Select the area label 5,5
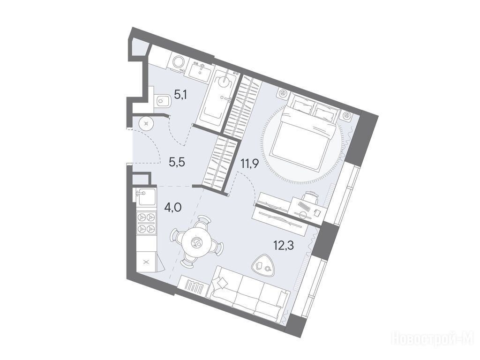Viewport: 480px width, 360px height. coord(177,162)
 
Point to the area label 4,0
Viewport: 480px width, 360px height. coord(173,208)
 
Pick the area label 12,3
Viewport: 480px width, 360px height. coord(284,245)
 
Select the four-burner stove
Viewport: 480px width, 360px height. coord(146,223)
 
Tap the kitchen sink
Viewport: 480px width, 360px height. coord(145,196)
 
